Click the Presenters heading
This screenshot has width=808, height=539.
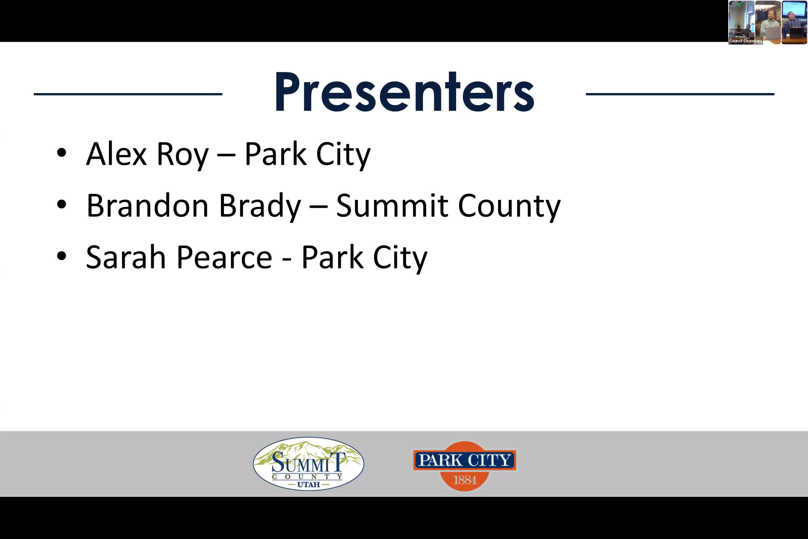click(x=404, y=92)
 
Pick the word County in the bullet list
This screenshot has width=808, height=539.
click(x=509, y=207)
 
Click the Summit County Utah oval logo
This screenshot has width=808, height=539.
click(x=308, y=463)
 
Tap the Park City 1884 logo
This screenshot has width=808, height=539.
click(x=464, y=466)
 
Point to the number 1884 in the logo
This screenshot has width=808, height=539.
click(x=465, y=480)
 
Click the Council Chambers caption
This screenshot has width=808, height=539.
click(x=745, y=41)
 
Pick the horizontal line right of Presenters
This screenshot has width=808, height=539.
click(x=680, y=94)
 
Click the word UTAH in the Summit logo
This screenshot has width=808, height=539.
click(x=308, y=485)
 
